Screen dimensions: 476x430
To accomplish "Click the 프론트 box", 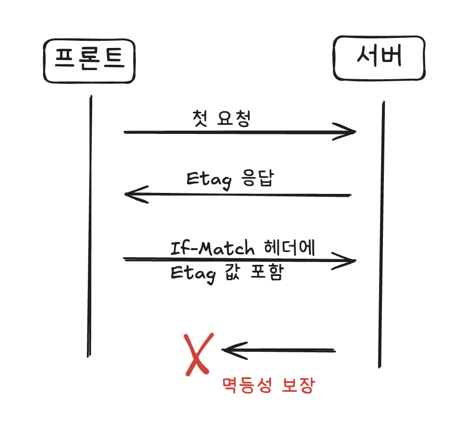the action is point(89,60).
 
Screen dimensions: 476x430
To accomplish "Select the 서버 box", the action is point(379,59).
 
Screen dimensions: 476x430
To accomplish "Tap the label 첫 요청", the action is point(221,118).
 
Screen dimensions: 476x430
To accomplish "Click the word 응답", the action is point(258,179).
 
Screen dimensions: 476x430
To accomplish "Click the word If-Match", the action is point(213,249).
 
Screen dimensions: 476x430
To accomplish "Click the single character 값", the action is point(232,274).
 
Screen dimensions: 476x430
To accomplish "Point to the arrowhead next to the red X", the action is point(229,350).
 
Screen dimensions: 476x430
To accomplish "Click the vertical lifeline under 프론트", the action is point(89,226).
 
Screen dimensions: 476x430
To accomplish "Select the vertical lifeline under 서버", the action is point(381,235).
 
